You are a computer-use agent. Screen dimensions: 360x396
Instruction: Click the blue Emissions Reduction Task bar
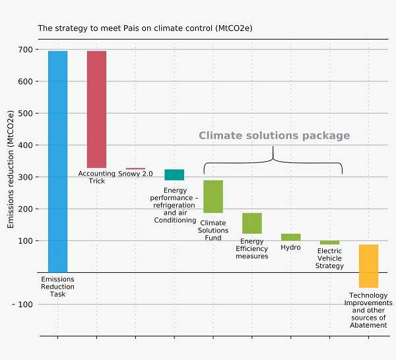coord(57,161)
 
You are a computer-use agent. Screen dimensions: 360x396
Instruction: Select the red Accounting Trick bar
coord(96,109)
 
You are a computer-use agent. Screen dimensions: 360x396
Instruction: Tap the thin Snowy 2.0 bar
coord(135,168)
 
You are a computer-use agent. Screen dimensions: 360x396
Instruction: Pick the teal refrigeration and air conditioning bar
coord(174,174)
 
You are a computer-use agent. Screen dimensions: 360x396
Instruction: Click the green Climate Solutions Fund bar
coord(213,196)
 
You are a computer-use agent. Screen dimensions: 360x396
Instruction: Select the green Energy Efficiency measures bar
coord(252,223)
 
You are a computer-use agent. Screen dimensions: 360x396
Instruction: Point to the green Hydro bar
coord(291,236)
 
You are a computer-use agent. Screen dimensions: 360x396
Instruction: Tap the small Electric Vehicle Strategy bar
coord(329,242)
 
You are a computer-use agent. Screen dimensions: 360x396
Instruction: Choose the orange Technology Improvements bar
coord(368,266)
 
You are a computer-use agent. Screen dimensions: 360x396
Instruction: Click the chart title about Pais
coord(145,28)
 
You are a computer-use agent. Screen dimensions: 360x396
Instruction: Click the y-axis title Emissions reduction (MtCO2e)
coord(11,170)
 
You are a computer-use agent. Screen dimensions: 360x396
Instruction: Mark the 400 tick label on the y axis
coord(25,145)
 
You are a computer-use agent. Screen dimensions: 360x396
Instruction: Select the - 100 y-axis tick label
coord(22,305)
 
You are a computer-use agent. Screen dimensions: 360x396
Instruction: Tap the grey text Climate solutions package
coord(274,135)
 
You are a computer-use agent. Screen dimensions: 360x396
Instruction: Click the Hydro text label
coord(290,247)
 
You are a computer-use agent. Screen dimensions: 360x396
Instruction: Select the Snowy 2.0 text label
coord(135,174)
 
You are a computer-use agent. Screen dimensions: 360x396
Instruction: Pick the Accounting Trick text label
coord(96,177)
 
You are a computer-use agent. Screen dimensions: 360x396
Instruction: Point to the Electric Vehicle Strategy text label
coord(330,258)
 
